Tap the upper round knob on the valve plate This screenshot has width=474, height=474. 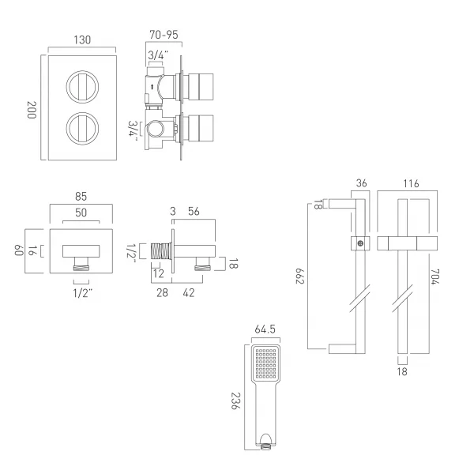pos(82,86)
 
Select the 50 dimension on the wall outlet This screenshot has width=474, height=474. pos(81,213)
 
